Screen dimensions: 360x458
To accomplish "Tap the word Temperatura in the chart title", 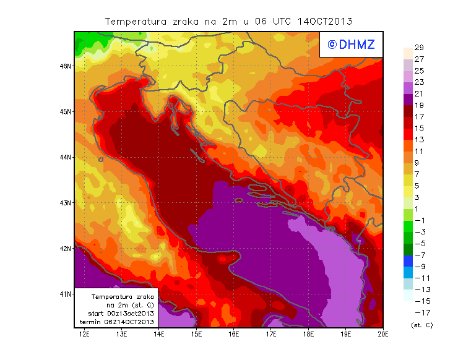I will click(134, 22).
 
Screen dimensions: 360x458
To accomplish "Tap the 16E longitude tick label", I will click(234, 335).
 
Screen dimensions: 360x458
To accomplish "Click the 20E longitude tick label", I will click(382, 335).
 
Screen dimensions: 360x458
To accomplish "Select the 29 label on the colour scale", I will click(418, 48).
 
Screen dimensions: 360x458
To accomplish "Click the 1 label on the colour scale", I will click(417, 208).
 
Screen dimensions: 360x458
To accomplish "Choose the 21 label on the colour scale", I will click(418, 93).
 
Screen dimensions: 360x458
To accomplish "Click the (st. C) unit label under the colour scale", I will click(421, 325).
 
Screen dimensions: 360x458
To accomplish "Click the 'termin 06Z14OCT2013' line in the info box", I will click(121, 322).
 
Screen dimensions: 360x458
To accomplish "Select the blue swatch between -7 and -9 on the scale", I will click(407, 260).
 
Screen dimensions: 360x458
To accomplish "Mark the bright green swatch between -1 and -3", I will click(407, 226).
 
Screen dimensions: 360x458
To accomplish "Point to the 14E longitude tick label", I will click(159, 335).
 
